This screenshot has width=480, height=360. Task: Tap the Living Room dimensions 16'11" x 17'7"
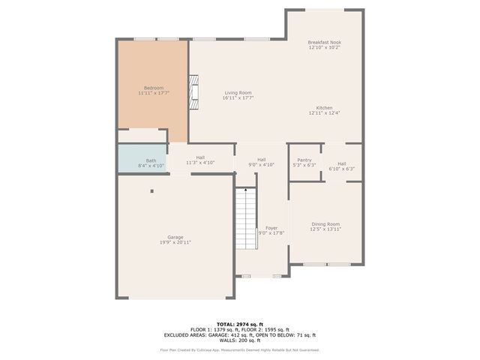click(x=238, y=98)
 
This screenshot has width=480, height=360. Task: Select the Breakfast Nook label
click(x=324, y=42)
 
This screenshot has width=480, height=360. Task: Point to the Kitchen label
click(x=324, y=108)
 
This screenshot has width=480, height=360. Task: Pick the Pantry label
click(x=304, y=160)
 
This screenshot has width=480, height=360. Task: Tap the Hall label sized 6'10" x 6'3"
click(x=341, y=163)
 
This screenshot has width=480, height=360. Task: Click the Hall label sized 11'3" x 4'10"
click(x=200, y=157)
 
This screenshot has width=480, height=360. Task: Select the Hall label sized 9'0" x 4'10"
click(x=261, y=159)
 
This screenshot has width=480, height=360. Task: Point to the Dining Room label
click(x=325, y=224)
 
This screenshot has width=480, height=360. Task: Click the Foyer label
click(x=271, y=228)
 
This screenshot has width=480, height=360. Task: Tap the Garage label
click(x=175, y=238)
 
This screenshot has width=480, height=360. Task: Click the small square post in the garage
click(x=151, y=190)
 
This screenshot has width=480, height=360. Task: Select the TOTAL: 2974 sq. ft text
click(x=240, y=323)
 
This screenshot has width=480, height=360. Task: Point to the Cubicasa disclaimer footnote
click(x=240, y=350)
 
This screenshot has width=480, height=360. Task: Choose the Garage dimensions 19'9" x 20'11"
click(x=175, y=243)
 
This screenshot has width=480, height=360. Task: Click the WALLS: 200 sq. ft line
click(x=240, y=340)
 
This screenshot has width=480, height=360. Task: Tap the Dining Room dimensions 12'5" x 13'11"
click(x=325, y=229)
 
